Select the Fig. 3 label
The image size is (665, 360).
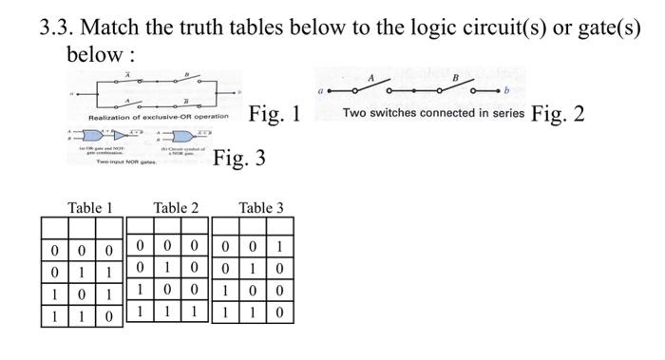tap(239, 158)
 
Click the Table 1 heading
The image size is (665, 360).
tap(90, 207)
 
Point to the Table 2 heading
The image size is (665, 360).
tap(176, 207)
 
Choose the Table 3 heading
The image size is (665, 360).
tap(261, 207)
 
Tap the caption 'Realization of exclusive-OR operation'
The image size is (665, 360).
tap(158, 116)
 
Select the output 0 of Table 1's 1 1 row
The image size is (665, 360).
tap(110, 313)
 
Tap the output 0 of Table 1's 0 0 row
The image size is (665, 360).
tap(110, 251)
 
